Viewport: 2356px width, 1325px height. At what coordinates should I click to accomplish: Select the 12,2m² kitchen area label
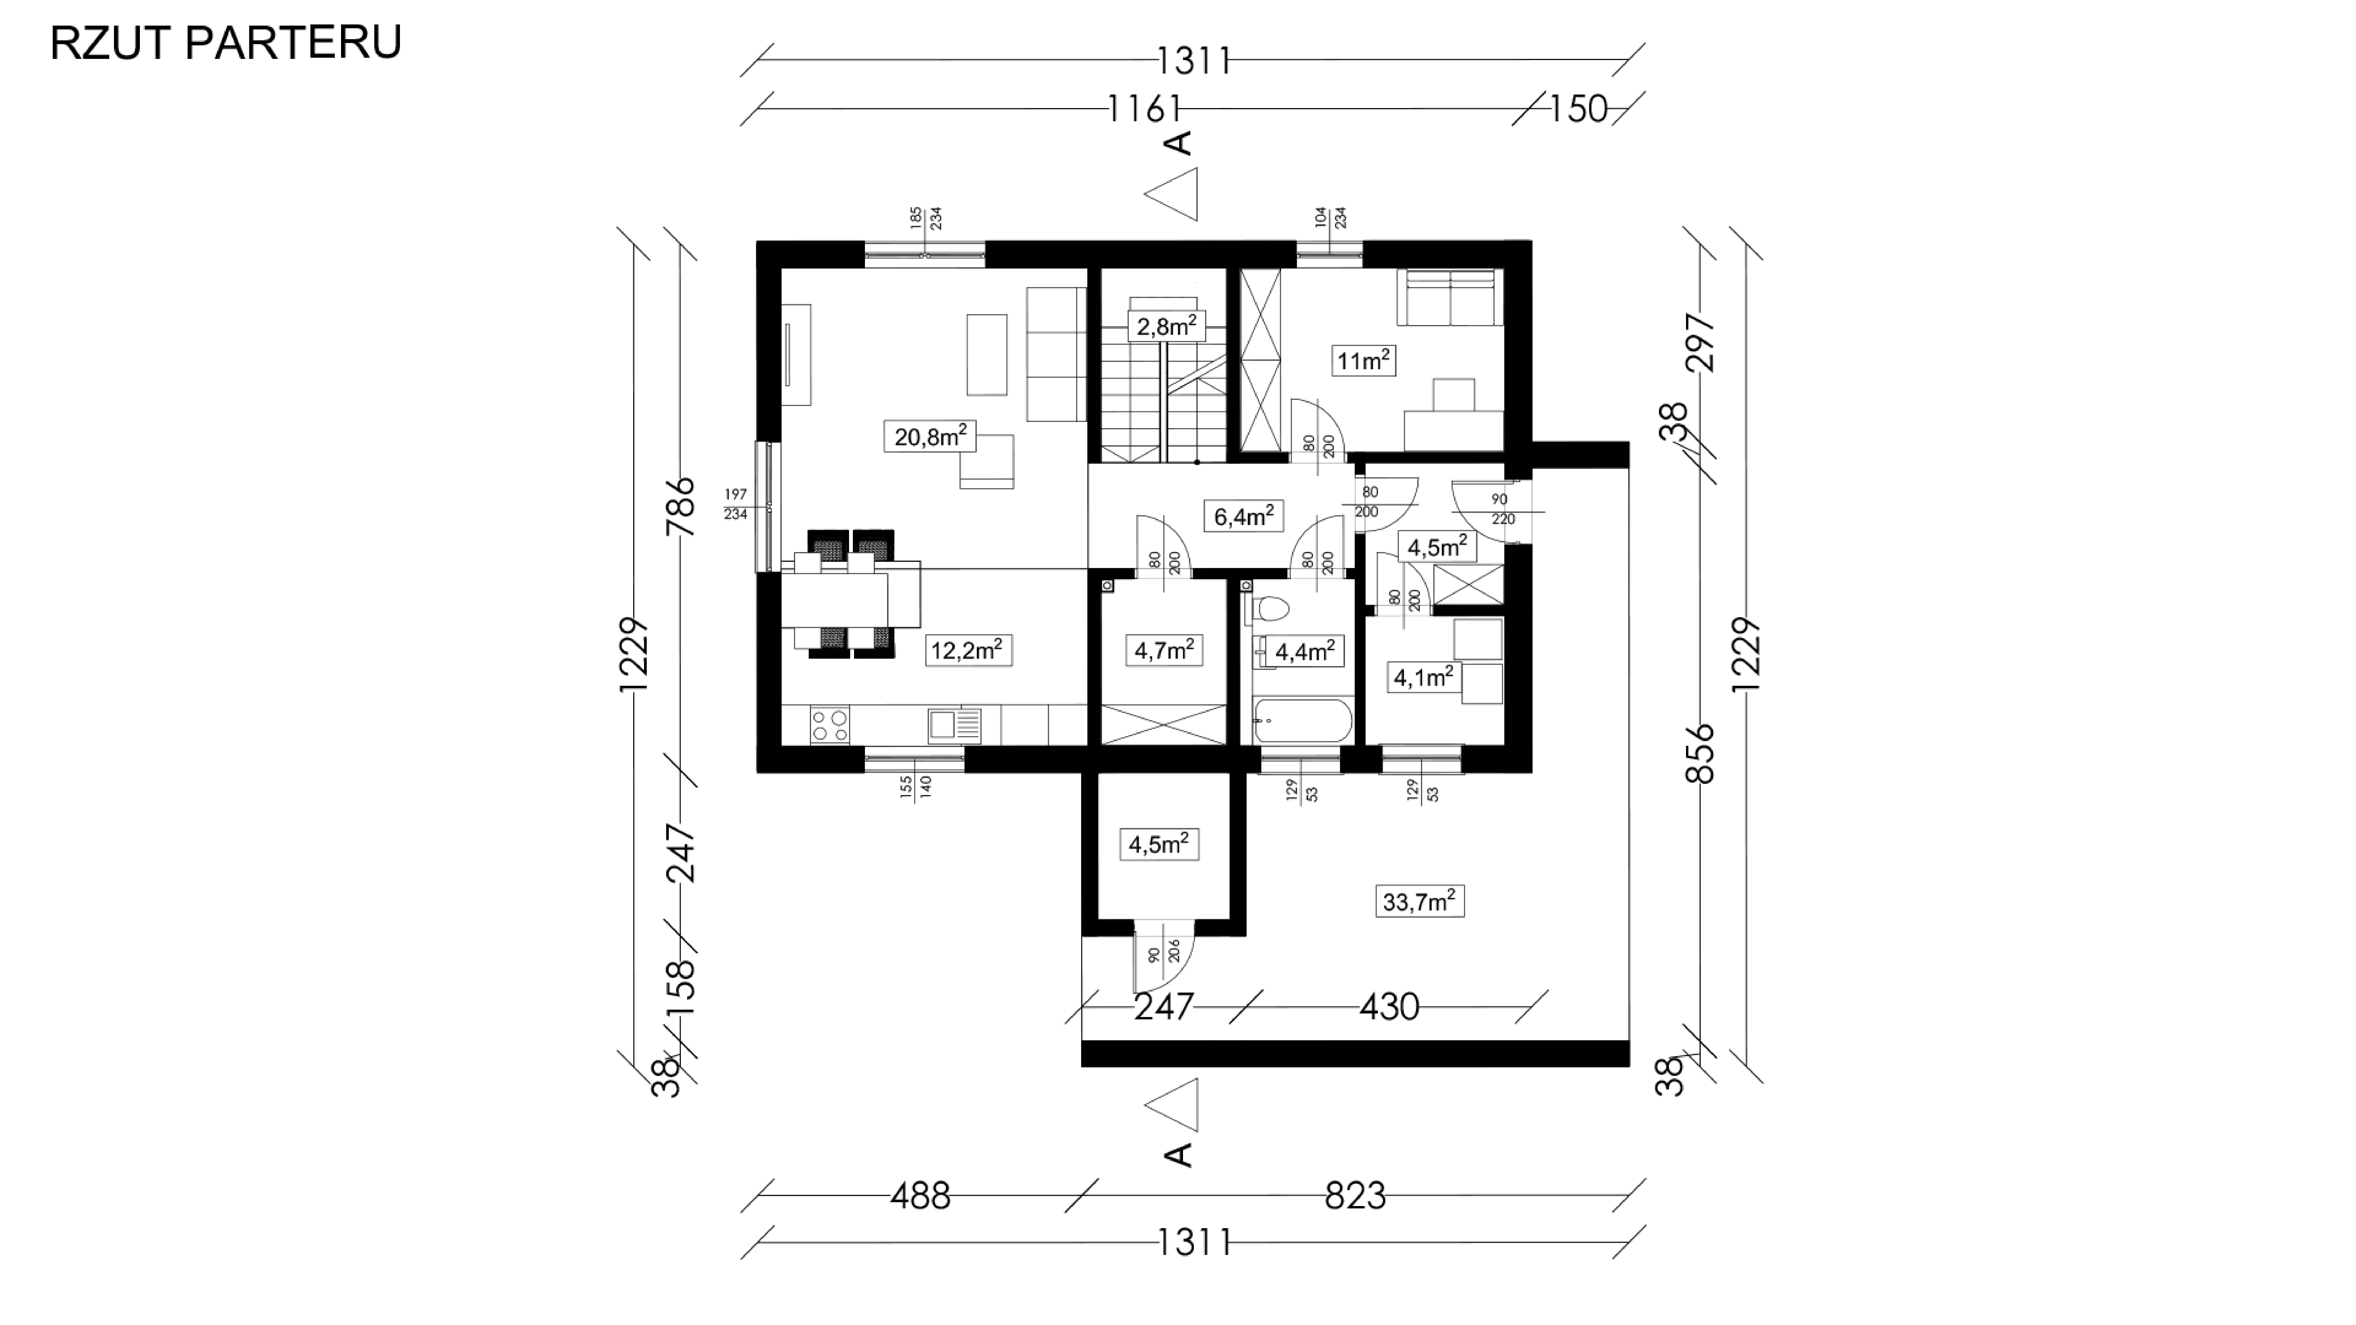click(x=968, y=650)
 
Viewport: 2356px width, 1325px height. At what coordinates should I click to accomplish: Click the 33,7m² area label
click(x=1419, y=902)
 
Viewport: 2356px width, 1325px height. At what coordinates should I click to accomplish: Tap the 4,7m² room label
click(x=1163, y=650)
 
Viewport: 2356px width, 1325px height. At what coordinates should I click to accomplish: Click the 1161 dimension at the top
click(x=1143, y=109)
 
